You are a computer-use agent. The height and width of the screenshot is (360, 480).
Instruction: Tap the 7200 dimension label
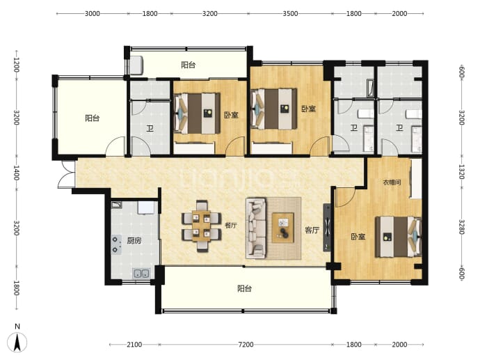pos(246,345)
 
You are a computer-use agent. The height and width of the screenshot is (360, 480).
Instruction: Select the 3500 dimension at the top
pos(290,13)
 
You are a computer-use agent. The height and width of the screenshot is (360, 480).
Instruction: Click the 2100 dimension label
pos(134,345)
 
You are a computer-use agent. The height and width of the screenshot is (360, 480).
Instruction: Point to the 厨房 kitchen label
pos(134,241)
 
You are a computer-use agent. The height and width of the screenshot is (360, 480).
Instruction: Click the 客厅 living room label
pos(312,230)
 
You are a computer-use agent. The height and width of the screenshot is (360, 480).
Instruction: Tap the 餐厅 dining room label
pos(231,226)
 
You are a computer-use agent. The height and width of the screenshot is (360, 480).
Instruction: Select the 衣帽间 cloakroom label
pos(392,182)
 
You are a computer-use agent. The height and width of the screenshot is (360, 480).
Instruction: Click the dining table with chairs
pos(202,226)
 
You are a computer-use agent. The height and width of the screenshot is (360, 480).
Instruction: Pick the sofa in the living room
pos(256,228)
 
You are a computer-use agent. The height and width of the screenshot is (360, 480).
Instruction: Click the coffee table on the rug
pos(283,228)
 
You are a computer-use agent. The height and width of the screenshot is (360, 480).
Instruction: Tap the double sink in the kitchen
pos(141,273)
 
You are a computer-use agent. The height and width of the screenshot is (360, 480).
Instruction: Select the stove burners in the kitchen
pos(115,244)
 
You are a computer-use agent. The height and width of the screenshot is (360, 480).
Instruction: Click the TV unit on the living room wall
pos(327,227)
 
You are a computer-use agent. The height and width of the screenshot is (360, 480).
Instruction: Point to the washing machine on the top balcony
pos(136,65)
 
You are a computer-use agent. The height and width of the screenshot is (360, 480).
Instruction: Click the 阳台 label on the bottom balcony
pos(245,288)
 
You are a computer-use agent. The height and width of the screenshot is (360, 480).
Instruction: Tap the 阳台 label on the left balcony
pos(92,118)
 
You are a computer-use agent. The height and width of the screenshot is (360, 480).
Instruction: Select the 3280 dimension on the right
pos(462,227)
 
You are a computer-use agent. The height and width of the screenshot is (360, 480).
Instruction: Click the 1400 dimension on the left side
pos(16,173)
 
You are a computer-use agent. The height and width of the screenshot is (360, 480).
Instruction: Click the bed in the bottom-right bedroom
pos(399,237)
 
